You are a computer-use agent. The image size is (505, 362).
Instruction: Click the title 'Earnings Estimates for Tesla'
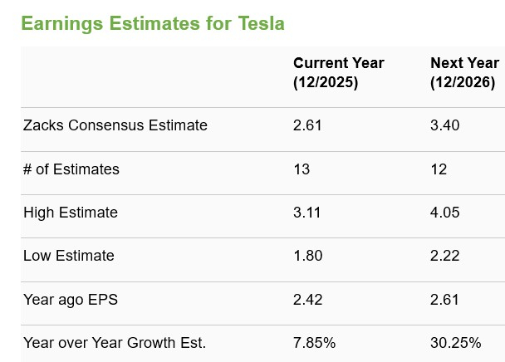pos(152,23)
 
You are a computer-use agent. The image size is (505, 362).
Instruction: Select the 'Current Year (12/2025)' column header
pos(338,73)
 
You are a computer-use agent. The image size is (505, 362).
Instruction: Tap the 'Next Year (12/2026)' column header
pos(464,73)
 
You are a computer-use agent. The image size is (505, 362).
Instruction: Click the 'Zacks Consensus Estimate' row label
pos(115,125)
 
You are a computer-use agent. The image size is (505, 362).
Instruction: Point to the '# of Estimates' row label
pos(71,169)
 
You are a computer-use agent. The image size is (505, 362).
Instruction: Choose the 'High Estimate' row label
pos(71,213)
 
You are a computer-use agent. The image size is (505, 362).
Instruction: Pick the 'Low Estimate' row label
pos(69,256)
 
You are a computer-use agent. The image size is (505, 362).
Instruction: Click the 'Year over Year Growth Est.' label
pos(115,342)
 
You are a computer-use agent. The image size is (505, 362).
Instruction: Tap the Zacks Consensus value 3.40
pos(444,125)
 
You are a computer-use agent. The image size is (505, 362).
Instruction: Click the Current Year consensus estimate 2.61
pos(307,125)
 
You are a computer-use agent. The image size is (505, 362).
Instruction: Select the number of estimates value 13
pos(302,169)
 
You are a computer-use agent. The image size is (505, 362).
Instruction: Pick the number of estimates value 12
pos(439,169)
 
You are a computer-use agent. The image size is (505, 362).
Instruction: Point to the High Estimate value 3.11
pos(307,213)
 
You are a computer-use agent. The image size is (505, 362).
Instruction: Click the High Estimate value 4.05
pos(444,213)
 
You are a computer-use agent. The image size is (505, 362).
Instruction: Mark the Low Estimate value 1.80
pos(307,256)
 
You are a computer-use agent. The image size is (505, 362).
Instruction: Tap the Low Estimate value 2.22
pos(444,256)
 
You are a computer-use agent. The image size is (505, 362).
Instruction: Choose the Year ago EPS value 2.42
pos(307,299)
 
